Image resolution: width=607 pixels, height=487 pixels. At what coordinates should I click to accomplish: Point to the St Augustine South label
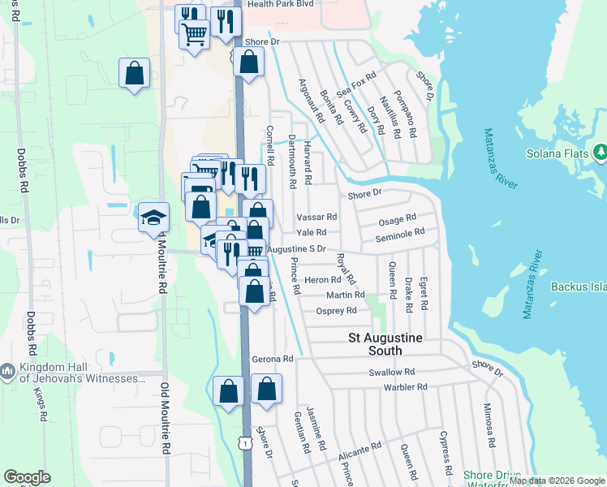coord(375,343)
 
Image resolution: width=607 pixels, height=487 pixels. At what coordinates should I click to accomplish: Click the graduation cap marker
coord(153,218)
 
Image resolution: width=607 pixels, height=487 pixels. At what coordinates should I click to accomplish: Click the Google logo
coord(28,477)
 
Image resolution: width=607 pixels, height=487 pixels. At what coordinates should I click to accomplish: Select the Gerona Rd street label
coord(271,359)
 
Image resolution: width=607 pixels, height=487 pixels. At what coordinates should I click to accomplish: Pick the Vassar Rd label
coord(316,217)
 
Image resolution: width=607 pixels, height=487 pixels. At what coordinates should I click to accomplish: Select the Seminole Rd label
coord(400,232)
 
